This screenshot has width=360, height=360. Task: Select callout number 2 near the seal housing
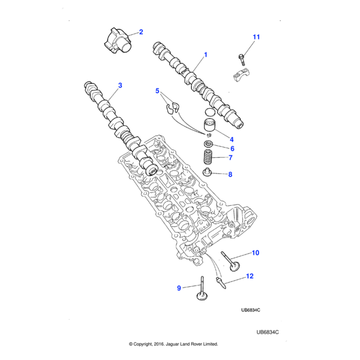(141, 31)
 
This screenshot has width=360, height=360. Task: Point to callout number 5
(157, 91)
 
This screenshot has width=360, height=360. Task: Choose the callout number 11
(256, 37)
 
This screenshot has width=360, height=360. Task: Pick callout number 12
(250, 277)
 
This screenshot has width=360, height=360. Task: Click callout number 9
(179, 289)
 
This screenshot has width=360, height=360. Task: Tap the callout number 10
(255, 253)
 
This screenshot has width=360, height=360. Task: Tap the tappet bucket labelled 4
(211, 127)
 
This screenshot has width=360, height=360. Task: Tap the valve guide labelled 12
(218, 281)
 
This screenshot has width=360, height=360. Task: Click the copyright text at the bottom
(173, 344)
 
